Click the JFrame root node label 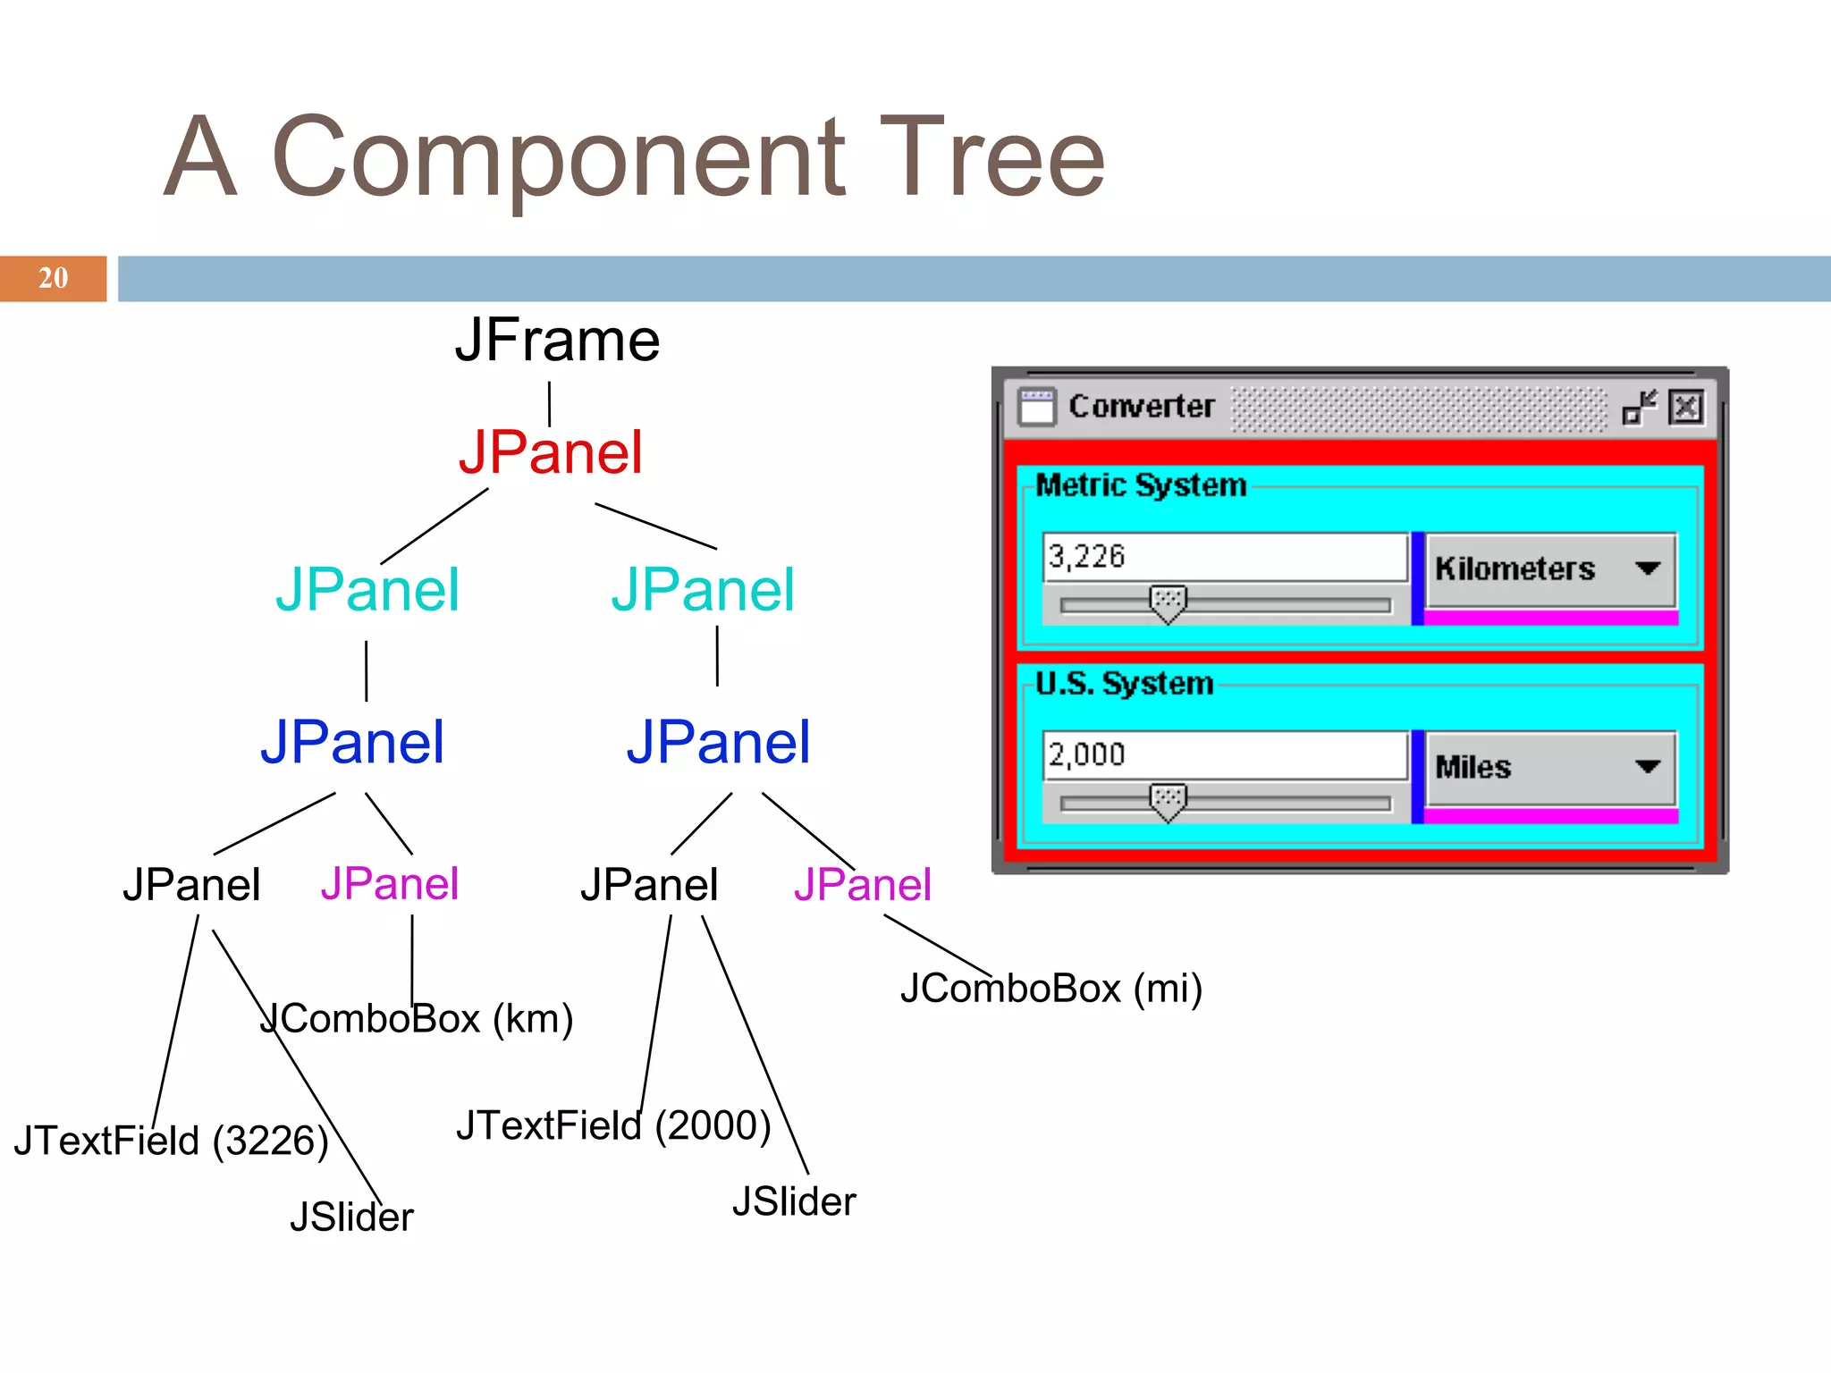557,341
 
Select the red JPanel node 551,452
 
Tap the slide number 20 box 53,278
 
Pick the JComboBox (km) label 417,1019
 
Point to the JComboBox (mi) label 1051,989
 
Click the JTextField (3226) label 171,1141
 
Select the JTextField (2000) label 613,1125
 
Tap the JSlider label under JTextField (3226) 351,1217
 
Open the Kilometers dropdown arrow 1647,569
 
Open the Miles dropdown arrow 1647,767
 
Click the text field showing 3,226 1225,557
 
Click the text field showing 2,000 1225,755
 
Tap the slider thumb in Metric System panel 1168,603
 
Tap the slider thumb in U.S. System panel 1168,802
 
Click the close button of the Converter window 1686,408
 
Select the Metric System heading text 1140,485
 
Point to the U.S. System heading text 1124,684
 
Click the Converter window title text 1142,407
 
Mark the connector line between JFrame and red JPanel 549,404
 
